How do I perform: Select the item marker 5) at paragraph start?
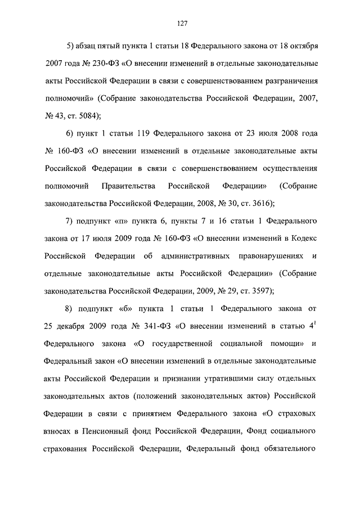70,45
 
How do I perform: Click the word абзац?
93,45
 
